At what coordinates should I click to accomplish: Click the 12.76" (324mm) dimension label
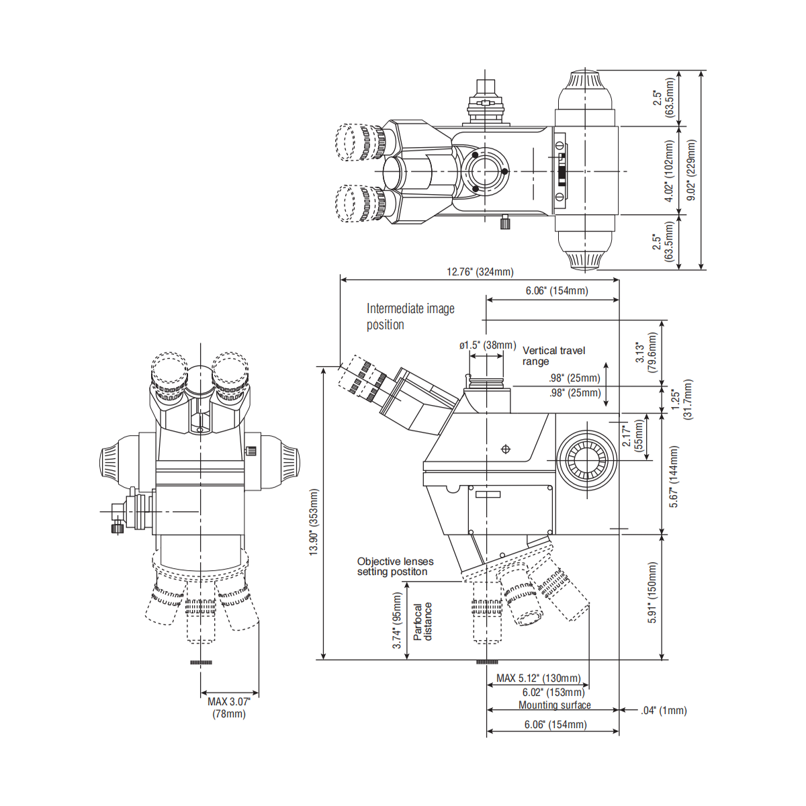pyautogui.click(x=480, y=272)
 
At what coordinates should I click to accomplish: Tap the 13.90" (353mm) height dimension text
pyautogui.click(x=314, y=522)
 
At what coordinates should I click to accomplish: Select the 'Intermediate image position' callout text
pyautogui.click(x=410, y=316)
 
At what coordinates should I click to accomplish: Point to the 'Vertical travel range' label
pyautogui.click(x=553, y=356)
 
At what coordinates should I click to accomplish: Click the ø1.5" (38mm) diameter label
pyautogui.click(x=487, y=345)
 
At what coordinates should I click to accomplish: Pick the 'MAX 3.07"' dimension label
pyautogui.click(x=229, y=701)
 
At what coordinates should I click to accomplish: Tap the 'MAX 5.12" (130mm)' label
pyautogui.click(x=538, y=678)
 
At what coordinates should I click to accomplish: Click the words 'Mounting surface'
pyautogui.click(x=555, y=705)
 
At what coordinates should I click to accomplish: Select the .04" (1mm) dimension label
pyautogui.click(x=664, y=710)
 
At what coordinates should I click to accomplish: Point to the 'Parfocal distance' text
pyautogui.click(x=422, y=621)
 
